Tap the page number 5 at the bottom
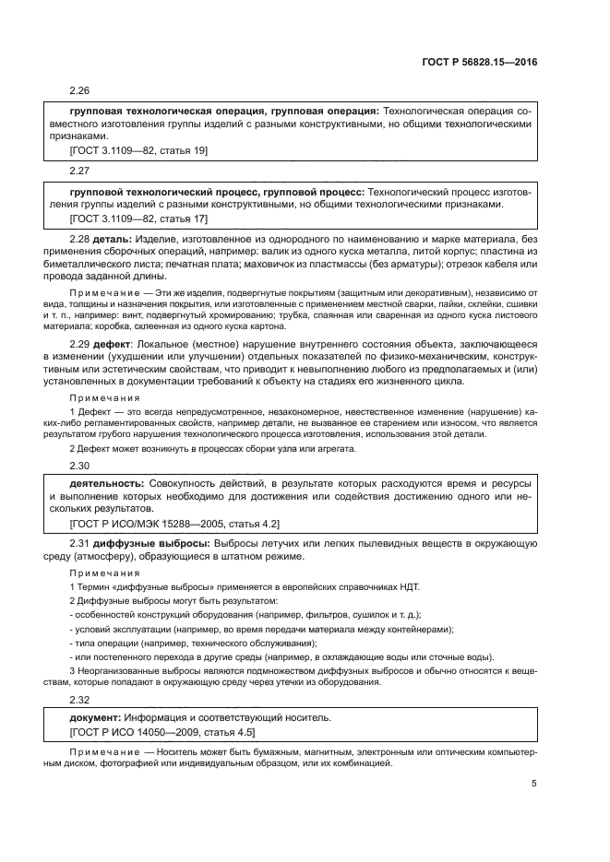[534, 785]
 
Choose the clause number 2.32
[81, 700]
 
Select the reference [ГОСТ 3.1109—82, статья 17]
[139, 218]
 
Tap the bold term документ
[97, 716]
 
